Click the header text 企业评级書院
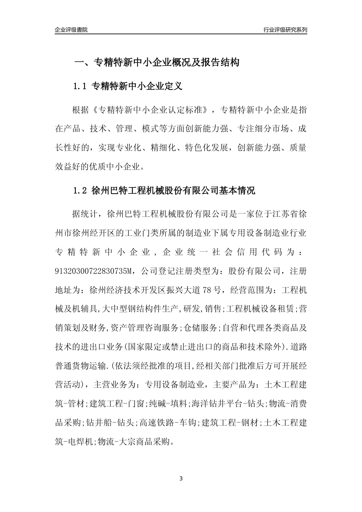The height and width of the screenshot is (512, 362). [x=71, y=30]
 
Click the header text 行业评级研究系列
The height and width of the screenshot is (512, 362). [x=285, y=30]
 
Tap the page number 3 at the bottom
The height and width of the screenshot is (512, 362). [x=181, y=478]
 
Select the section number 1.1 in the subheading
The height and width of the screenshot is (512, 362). [x=80, y=86]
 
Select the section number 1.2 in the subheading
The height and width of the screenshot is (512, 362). [x=80, y=190]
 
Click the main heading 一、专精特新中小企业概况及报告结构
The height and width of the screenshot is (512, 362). [x=157, y=62]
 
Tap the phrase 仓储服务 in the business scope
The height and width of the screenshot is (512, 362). [x=200, y=328]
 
